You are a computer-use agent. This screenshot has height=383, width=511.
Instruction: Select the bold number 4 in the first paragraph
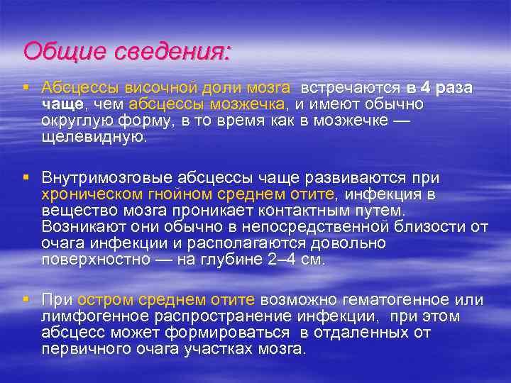[424, 88]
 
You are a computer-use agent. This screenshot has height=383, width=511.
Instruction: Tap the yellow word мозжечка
[243, 104]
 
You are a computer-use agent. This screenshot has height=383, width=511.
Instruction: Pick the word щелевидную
[93, 137]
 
